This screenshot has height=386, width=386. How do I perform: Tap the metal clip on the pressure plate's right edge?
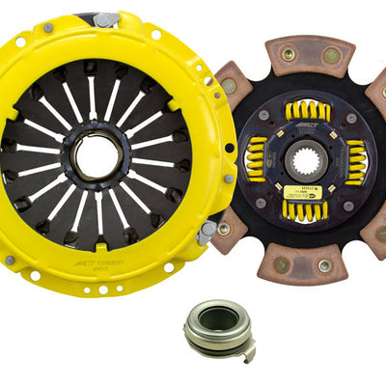coord(206,232)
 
